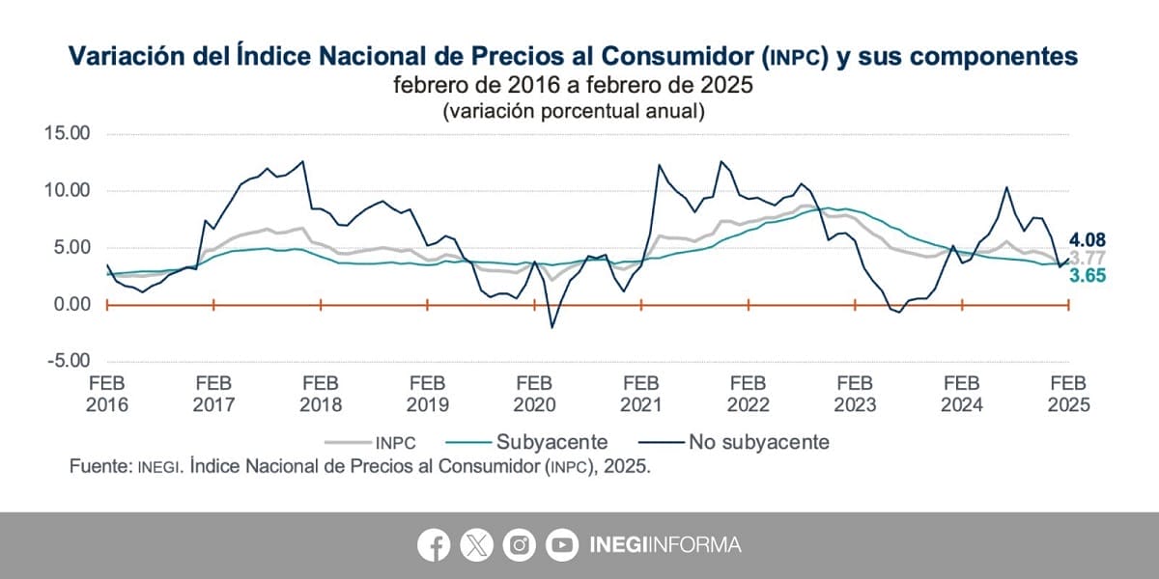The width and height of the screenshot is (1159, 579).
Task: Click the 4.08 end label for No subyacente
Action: click(1086, 240)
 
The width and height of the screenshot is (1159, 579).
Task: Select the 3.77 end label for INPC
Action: click(1087, 258)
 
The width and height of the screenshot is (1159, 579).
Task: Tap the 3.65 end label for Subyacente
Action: click(1087, 275)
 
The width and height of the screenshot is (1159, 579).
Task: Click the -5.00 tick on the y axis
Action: click(69, 361)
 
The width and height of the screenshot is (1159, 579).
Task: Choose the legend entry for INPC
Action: click(371, 443)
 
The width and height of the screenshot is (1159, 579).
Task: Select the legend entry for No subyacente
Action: click(734, 443)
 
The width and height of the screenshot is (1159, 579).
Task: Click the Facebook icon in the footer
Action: click(434, 545)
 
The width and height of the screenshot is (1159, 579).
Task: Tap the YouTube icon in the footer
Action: click(562, 545)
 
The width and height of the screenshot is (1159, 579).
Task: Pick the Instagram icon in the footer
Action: click(520, 545)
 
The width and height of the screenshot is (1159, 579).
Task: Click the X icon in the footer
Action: click(477, 545)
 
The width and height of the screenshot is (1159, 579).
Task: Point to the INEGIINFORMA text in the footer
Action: click(664, 545)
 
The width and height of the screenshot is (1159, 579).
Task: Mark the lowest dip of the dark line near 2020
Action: click(552, 327)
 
